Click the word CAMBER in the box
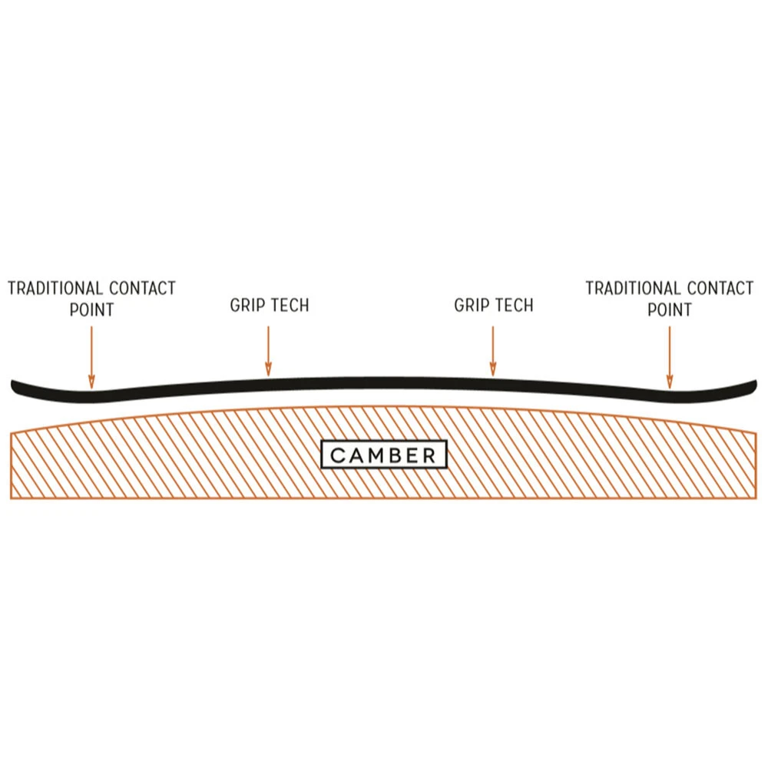[383, 455]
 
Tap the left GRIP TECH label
[270, 305]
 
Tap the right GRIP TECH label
[494, 305]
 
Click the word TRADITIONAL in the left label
[55, 288]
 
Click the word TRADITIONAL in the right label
[634, 288]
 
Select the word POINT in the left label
[91, 310]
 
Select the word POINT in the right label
[670, 310]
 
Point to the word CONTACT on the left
[143, 288]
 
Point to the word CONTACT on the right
[720, 288]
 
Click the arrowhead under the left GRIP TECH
[268, 370]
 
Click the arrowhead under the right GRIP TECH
[493, 370]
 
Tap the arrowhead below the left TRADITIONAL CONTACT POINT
[91, 382]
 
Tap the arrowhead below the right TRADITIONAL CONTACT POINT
[670, 382]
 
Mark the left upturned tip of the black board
[13, 383]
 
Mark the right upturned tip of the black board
[755, 383]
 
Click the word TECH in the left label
[290, 305]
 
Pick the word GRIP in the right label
[471, 305]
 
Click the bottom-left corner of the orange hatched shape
[11, 498]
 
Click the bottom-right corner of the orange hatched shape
[756, 498]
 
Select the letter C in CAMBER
[337, 455]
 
